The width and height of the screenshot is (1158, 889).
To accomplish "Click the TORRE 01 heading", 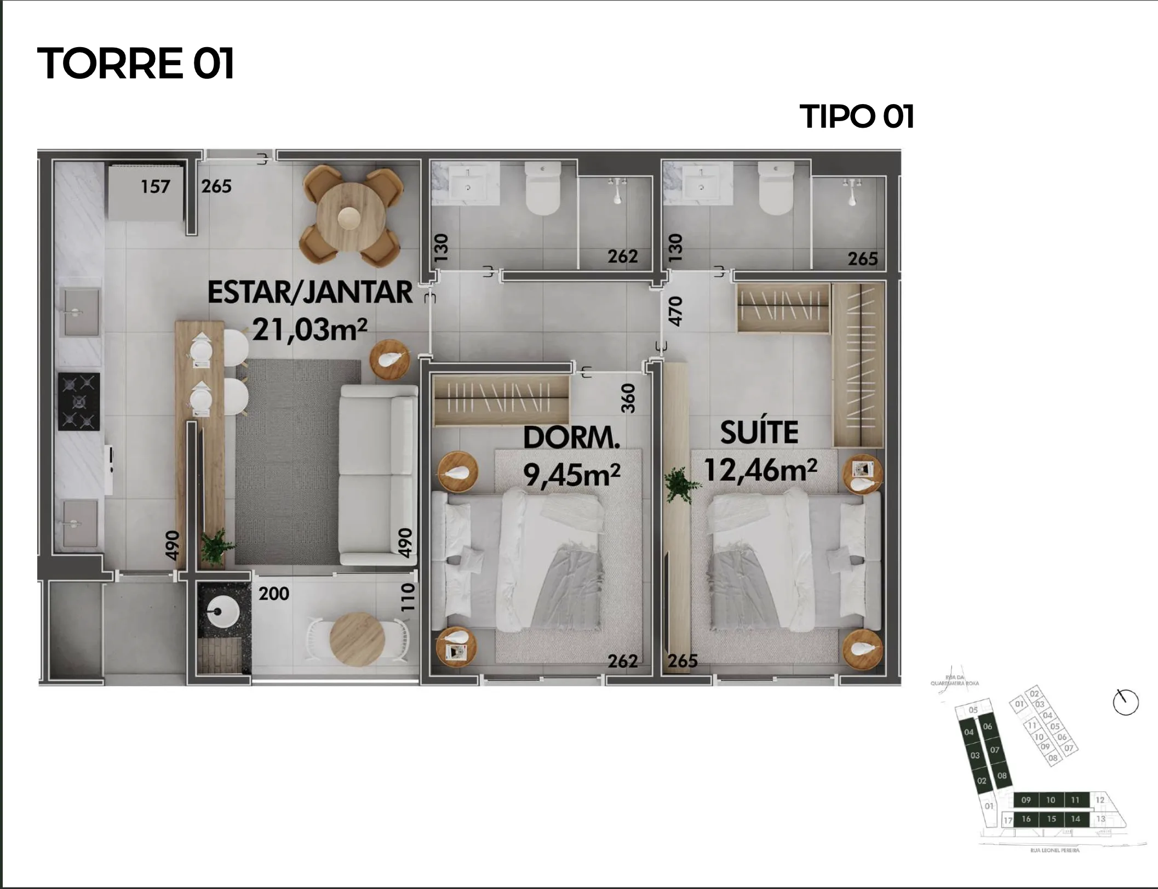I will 136,63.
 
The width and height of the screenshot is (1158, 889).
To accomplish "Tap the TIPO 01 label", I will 857,116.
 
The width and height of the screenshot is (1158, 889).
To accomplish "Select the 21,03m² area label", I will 309,329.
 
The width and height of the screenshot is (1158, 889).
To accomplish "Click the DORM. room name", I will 571,437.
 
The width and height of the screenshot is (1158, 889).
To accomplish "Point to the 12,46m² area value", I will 760,470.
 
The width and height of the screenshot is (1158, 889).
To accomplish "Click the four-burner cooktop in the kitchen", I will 79,402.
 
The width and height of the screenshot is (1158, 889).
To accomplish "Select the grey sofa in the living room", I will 378,475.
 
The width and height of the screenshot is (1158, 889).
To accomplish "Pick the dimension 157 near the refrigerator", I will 155,187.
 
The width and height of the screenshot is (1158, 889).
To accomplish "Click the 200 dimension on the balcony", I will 273,594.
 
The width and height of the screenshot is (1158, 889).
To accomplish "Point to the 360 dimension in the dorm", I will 628,398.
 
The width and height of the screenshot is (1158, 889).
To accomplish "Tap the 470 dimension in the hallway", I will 676,311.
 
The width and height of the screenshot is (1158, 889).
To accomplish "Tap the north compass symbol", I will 1126,702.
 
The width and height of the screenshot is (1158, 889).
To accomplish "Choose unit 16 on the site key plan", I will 1026,819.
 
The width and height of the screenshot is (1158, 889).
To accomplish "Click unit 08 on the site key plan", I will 1001,776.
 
